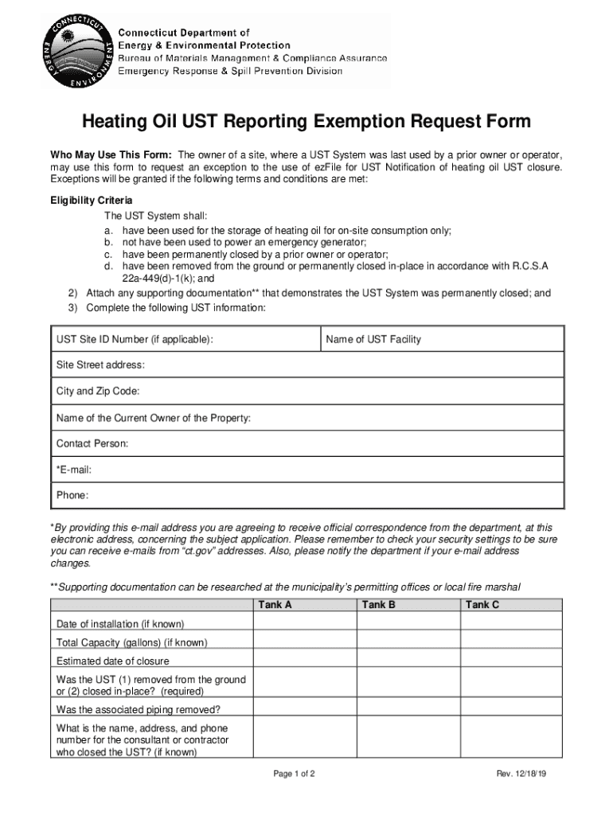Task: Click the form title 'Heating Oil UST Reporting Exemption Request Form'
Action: click(306, 122)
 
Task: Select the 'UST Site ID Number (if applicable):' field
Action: click(185, 340)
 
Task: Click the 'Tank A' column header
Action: click(275, 605)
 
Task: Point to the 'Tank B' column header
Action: click(379, 605)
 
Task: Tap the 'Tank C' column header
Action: click(482, 605)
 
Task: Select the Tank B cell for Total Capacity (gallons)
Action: click(407, 642)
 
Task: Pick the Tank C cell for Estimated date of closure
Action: click(512, 661)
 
